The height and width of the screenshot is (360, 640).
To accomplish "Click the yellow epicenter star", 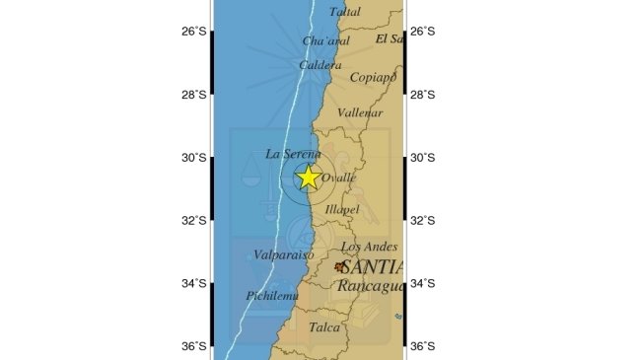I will [308, 178].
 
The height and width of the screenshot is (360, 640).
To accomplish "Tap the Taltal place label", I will [345, 11].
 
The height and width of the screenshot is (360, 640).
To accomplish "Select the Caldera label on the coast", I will [320, 65].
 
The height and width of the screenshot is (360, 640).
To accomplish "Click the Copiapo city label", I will [373, 77].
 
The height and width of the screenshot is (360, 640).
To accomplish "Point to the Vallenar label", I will [360, 113].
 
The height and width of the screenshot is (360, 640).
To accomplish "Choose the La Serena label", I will [293, 154].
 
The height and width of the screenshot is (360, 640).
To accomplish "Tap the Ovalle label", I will [339, 179].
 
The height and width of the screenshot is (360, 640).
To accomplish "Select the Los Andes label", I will [369, 247].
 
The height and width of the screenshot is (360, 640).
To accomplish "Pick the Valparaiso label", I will [283, 254].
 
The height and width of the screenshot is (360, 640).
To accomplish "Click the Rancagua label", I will [370, 286].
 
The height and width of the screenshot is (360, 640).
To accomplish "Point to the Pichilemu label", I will [271, 296].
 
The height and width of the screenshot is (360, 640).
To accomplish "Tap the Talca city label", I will [324, 327].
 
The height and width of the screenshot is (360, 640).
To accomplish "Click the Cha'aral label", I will [325, 41].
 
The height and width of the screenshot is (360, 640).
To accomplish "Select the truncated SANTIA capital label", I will [373, 266].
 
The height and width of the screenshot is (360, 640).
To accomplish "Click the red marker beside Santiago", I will [340, 266].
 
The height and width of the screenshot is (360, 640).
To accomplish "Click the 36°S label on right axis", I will [422, 346].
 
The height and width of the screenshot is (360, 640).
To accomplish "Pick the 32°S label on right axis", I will [422, 220].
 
